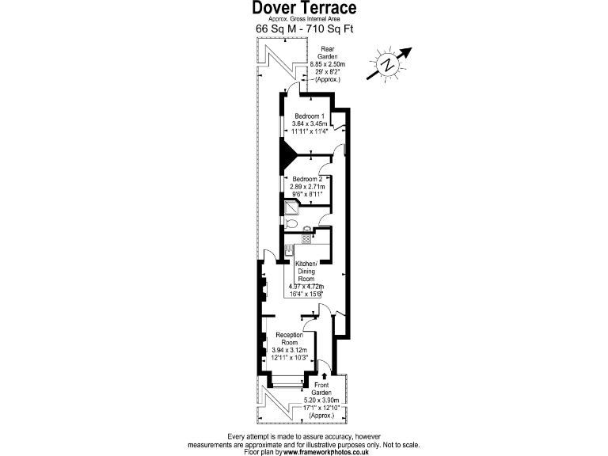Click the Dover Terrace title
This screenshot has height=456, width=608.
[x=304, y=9]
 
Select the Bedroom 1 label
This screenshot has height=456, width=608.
[x=309, y=116]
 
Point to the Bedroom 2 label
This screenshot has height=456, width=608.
[x=306, y=179]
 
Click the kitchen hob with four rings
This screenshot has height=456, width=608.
[x=306, y=238]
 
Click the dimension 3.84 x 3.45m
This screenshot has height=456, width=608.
[x=309, y=124]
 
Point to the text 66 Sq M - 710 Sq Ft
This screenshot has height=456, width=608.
[x=304, y=28]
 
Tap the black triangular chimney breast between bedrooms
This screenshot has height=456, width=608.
[x=287, y=150]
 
